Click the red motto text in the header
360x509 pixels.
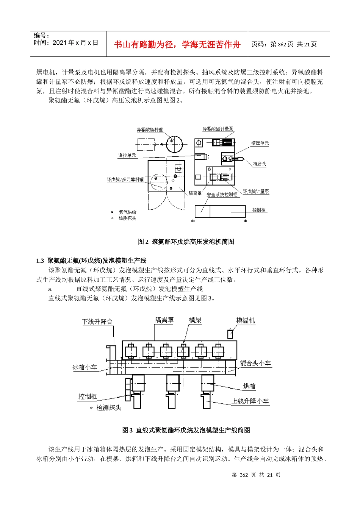pyautogui.click(x=177, y=45)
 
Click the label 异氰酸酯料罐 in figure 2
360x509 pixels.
pyautogui.click(x=150, y=130)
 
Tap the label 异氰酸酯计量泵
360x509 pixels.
pyautogui.click(x=218, y=129)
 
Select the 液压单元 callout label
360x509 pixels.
pyautogui.click(x=260, y=143)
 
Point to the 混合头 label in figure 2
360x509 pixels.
pyautogui.click(x=260, y=164)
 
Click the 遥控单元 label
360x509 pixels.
pyautogui.click(x=127, y=155)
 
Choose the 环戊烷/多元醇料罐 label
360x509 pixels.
pyautogui.click(x=125, y=180)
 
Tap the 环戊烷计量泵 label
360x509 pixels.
pyautogui.click(x=256, y=192)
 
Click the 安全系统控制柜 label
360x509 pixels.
pyautogui.click(x=222, y=195)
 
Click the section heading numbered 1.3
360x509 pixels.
pyautogui.click(x=91, y=261)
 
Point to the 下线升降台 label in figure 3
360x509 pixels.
pyautogui.click(x=97, y=322)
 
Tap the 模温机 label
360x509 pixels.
pyautogui.click(x=246, y=320)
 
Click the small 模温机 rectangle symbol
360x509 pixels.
pyautogui.click(x=230, y=334)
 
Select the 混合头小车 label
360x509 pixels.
pyautogui.click(x=255, y=363)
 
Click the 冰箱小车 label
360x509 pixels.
pyautogui.click(x=85, y=367)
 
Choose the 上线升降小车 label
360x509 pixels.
pyautogui.click(x=250, y=401)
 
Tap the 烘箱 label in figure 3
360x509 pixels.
pyautogui.click(x=249, y=386)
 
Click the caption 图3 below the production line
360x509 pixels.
pyautogui.click(x=186, y=430)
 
